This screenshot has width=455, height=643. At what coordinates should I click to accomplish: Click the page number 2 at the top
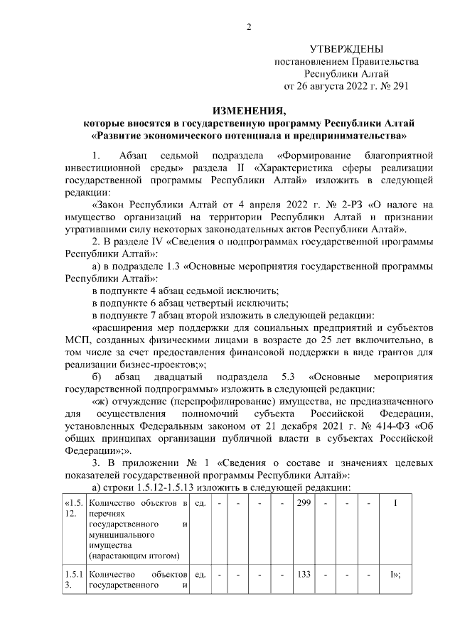(249, 27)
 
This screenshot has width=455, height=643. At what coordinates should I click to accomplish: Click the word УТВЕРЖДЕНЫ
(346, 49)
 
